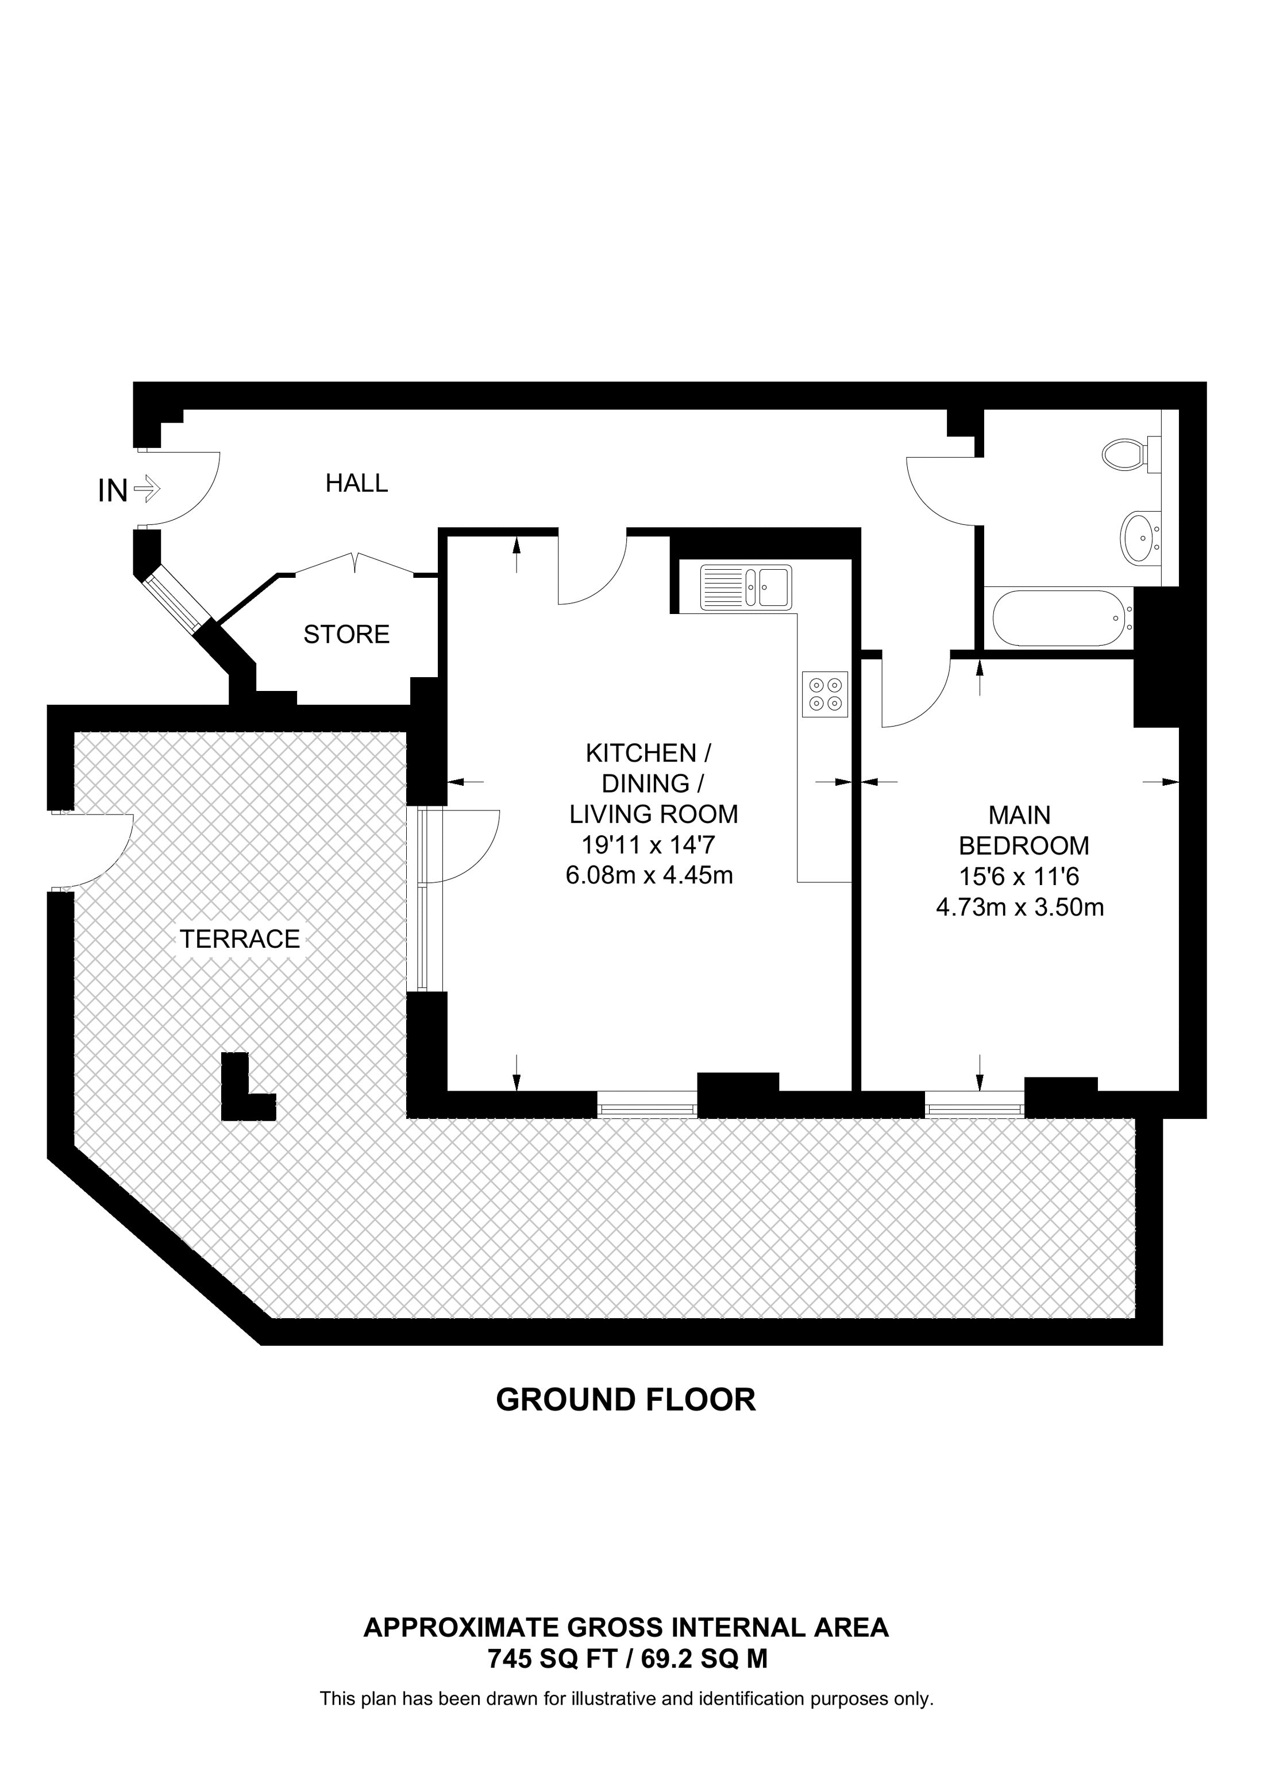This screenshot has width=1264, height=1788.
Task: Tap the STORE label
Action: (346, 635)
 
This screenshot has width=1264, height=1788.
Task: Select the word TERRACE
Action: (240, 939)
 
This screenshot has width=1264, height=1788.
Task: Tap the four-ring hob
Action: (824, 694)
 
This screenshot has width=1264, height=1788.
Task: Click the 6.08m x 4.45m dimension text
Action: (649, 876)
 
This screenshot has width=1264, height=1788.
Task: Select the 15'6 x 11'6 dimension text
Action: (1019, 877)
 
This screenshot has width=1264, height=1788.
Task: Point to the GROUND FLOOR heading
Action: (625, 1399)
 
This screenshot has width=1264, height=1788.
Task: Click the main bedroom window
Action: (973, 1105)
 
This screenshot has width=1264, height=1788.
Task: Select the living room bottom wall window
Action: (646, 1105)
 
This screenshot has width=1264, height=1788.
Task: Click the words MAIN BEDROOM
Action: (1022, 830)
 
